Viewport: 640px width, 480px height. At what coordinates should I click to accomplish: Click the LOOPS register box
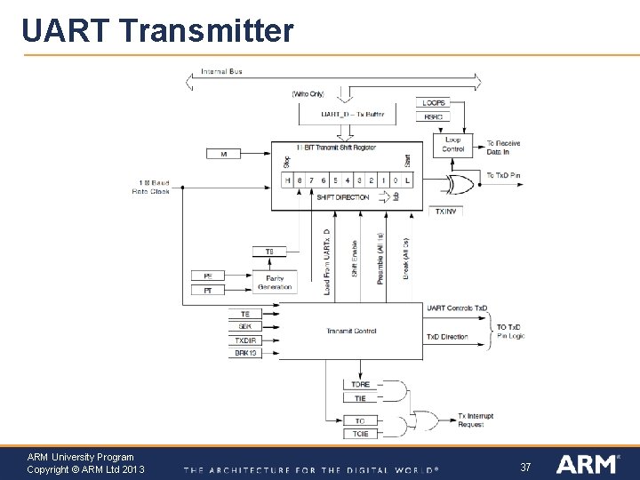[434, 103]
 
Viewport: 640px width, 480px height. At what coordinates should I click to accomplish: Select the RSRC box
[434, 116]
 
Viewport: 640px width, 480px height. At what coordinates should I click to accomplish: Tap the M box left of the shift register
[224, 154]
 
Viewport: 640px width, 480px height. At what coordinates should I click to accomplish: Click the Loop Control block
[453, 144]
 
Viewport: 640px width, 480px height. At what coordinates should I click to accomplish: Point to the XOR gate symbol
[460, 185]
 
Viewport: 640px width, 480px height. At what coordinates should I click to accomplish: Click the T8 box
[269, 252]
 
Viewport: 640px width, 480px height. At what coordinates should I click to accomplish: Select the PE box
[208, 276]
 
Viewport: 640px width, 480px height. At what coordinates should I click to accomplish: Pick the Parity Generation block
[275, 283]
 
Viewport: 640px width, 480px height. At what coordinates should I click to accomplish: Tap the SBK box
[245, 327]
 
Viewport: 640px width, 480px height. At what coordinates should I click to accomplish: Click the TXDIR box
[245, 340]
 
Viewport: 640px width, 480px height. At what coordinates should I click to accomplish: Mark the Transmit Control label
[351, 331]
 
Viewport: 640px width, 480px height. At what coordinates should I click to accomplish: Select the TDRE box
[360, 385]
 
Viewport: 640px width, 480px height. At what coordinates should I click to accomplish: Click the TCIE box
[360, 434]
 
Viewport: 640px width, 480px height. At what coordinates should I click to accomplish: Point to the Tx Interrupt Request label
[476, 420]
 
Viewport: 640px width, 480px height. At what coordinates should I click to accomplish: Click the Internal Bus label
[221, 71]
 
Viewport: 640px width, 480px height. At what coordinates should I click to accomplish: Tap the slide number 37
[525, 467]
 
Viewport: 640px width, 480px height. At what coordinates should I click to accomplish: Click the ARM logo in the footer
[587, 464]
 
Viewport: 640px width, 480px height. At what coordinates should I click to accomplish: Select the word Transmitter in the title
[205, 31]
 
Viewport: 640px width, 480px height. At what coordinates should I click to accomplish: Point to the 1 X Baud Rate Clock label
[151, 187]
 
